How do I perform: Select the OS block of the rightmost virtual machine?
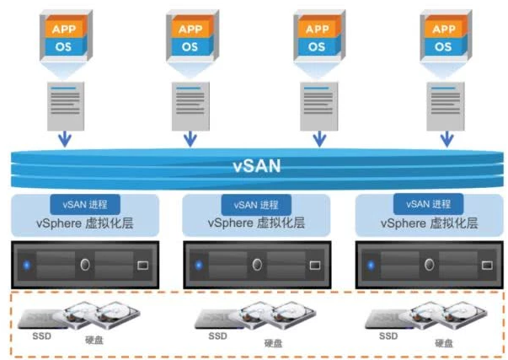coord(442,46)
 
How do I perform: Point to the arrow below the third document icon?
coord(318,137)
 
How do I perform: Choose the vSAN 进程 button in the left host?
coord(85,204)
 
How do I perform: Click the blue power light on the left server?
coord(25,265)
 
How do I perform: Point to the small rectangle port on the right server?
coord(486,265)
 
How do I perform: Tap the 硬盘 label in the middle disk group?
coord(274,342)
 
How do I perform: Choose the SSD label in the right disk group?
coord(388,335)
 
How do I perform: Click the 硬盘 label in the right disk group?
coord(444,342)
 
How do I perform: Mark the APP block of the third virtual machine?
coord(318,29)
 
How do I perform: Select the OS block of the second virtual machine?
coord(190,46)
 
